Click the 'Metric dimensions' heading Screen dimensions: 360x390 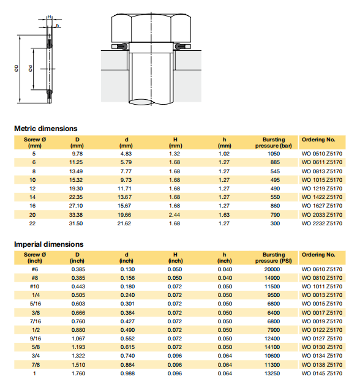[x=46, y=129]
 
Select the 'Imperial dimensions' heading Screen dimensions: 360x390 [x=49, y=244]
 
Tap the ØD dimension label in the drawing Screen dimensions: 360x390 [x=17, y=69]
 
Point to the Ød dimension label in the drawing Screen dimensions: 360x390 [x=31, y=69]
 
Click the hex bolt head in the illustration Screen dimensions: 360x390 [x=151, y=28]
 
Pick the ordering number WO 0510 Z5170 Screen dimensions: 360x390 [x=322, y=154]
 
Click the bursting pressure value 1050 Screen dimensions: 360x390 [x=274, y=154]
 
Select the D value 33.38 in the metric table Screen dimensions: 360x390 [x=76, y=215]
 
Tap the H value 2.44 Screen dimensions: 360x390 [x=174, y=215]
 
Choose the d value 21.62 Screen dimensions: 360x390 [x=124, y=223]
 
